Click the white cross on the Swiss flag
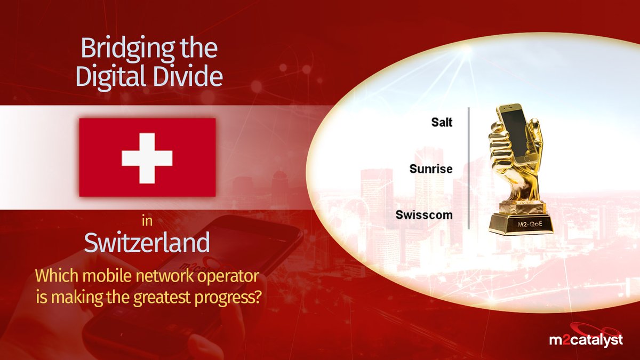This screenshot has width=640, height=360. click(147, 158)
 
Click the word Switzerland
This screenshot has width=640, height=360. click(147, 243)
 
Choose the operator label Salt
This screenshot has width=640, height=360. click(442, 122)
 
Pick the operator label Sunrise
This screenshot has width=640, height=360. click(431, 169)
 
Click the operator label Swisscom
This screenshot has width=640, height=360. click(425, 215)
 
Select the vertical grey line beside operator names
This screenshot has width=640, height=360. click(468, 168)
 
